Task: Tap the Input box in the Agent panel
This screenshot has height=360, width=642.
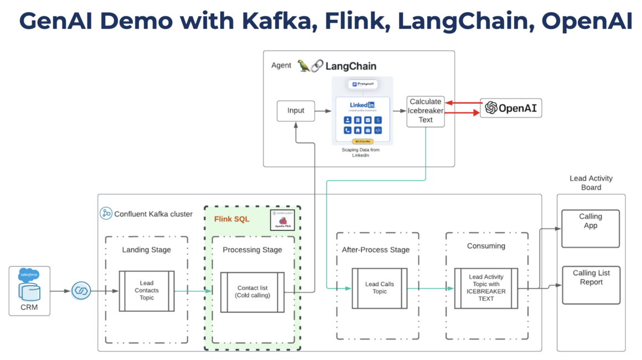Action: (x=296, y=111)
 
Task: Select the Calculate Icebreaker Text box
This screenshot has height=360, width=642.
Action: (x=425, y=111)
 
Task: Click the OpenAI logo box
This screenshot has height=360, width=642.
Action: (x=511, y=108)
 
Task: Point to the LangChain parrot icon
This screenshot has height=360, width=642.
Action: (x=304, y=66)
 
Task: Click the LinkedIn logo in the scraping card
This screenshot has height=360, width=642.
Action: (x=362, y=105)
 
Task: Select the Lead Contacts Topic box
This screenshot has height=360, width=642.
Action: (x=147, y=290)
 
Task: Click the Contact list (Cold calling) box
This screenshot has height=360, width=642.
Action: (x=253, y=291)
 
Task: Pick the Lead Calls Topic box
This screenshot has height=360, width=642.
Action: (x=380, y=288)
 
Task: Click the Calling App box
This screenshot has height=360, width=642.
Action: (x=591, y=228)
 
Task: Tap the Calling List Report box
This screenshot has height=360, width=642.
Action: (x=591, y=285)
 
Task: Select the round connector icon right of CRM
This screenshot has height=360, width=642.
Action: (x=81, y=291)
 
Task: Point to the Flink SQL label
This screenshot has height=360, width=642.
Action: (x=231, y=219)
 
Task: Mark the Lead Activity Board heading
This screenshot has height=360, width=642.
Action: (x=591, y=183)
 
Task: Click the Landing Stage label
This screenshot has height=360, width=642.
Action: (x=146, y=250)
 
